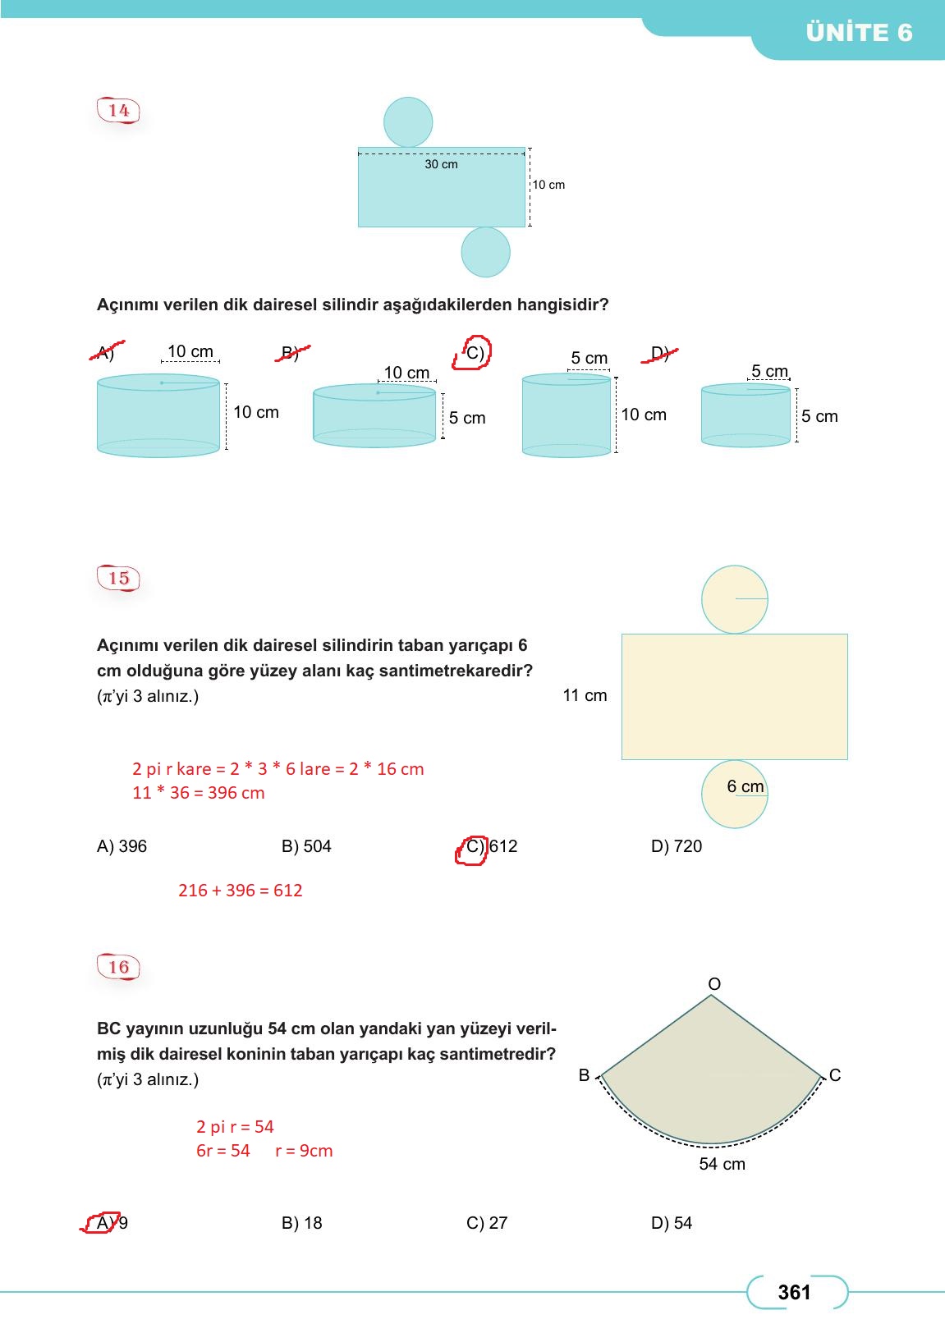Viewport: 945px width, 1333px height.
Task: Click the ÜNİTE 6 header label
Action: [859, 33]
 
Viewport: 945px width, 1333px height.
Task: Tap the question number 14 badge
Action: [119, 111]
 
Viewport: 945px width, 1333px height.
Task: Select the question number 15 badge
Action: [119, 578]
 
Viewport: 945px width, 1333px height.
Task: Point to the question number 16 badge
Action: [119, 967]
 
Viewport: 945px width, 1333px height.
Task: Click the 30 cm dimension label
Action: [441, 164]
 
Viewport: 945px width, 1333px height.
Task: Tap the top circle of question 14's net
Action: [408, 121]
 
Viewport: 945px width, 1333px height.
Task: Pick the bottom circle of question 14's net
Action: [485, 252]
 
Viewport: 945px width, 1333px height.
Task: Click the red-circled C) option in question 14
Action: [473, 353]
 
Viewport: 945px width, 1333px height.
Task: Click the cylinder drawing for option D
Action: [745, 415]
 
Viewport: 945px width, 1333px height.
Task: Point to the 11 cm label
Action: [585, 695]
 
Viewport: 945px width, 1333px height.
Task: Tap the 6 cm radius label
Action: [745, 786]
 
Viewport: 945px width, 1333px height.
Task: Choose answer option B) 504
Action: [306, 846]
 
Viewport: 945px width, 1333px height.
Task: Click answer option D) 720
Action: [677, 846]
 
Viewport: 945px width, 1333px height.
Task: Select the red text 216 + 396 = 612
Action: [241, 891]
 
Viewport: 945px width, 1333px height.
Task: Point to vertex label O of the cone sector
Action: [714, 984]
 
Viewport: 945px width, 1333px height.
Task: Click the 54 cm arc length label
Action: [723, 1164]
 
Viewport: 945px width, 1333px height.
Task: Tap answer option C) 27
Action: [487, 1223]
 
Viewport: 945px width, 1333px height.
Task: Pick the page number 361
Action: [794, 1293]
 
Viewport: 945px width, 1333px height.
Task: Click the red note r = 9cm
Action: [304, 1151]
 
